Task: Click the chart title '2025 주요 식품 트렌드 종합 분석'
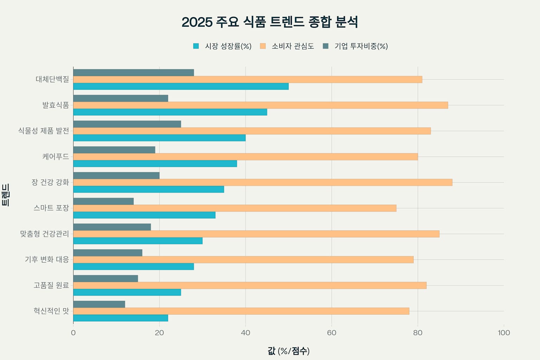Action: (x=270, y=22)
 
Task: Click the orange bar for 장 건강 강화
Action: (x=263, y=182)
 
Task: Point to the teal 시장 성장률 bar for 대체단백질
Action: (x=181, y=86)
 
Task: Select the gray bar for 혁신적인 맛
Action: (x=99, y=304)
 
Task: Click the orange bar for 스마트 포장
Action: (x=234, y=208)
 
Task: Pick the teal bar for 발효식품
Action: (x=170, y=112)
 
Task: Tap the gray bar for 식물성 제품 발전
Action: (x=127, y=124)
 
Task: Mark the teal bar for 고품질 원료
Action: (x=127, y=292)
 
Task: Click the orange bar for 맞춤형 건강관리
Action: (x=256, y=234)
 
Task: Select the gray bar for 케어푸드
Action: (x=114, y=150)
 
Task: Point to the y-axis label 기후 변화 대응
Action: (x=47, y=259)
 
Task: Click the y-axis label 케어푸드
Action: (x=56, y=156)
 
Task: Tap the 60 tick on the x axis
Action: (x=332, y=333)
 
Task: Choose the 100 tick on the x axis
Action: (x=503, y=333)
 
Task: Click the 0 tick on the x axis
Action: (x=73, y=333)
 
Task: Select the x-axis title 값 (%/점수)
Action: (x=288, y=351)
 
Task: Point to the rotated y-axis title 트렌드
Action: (x=6, y=195)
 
